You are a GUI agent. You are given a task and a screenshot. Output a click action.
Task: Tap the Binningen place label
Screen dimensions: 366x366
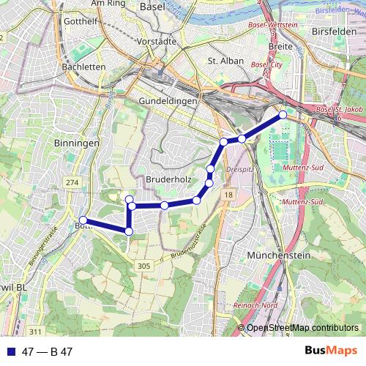coord(76,143)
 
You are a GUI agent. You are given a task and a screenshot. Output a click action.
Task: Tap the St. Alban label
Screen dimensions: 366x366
coord(224,61)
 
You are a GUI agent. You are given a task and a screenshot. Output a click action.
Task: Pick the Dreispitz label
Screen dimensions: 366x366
coord(239,168)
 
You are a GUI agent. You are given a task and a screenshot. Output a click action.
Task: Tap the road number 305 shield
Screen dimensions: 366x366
coord(143,266)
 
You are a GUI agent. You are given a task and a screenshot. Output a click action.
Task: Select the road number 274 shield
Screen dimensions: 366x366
coord(72,182)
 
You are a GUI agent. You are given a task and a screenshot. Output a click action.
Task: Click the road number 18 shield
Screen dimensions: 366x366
coord(228,195)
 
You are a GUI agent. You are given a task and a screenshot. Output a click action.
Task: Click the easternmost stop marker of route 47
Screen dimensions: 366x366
coord(283,115)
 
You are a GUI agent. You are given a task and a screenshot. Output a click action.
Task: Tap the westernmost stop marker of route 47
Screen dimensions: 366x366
coord(83,220)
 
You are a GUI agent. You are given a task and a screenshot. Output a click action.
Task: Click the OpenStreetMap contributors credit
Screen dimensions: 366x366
coord(302,328)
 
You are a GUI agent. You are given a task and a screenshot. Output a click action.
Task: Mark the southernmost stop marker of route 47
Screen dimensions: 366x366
coord(129,231)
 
